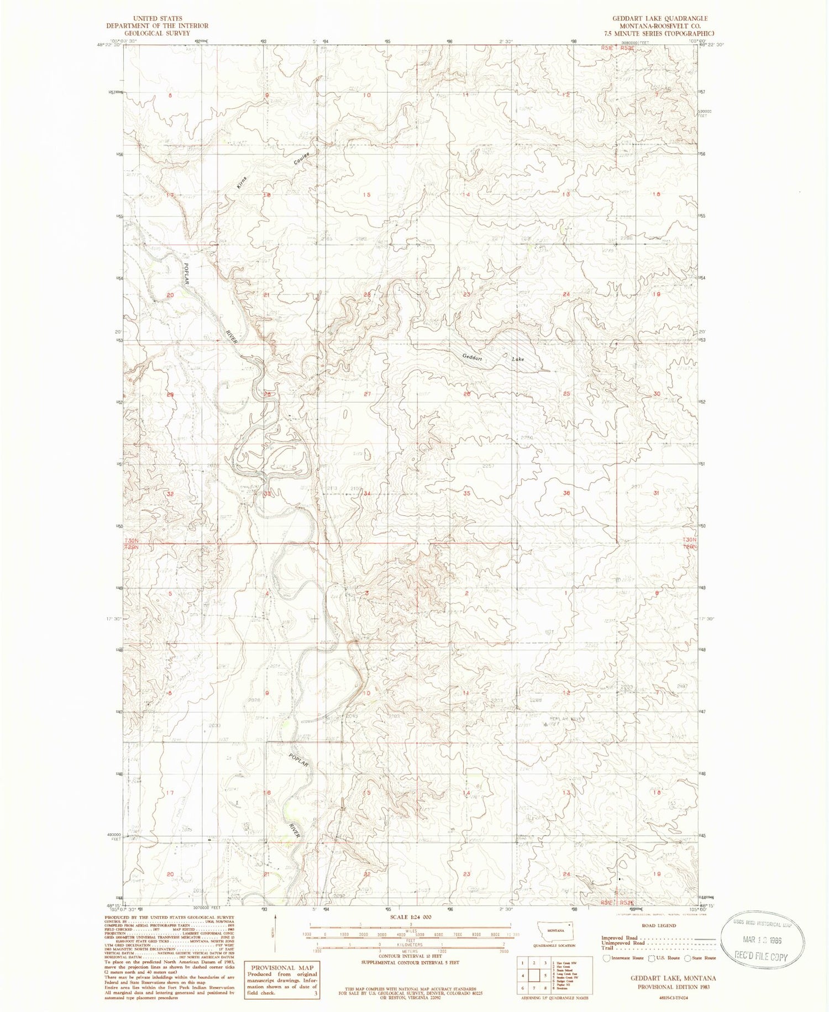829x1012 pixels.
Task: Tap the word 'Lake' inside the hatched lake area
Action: tap(518, 359)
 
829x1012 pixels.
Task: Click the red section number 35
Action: tap(467, 493)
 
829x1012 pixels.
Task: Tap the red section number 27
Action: tap(366, 394)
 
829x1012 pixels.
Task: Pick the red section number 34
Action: tap(366, 493)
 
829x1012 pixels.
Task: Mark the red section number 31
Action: tap(656, 493)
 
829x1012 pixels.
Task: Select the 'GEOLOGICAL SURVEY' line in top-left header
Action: tap(158, 33)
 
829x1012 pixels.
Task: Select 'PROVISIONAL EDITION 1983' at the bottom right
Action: tap(673, 986)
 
